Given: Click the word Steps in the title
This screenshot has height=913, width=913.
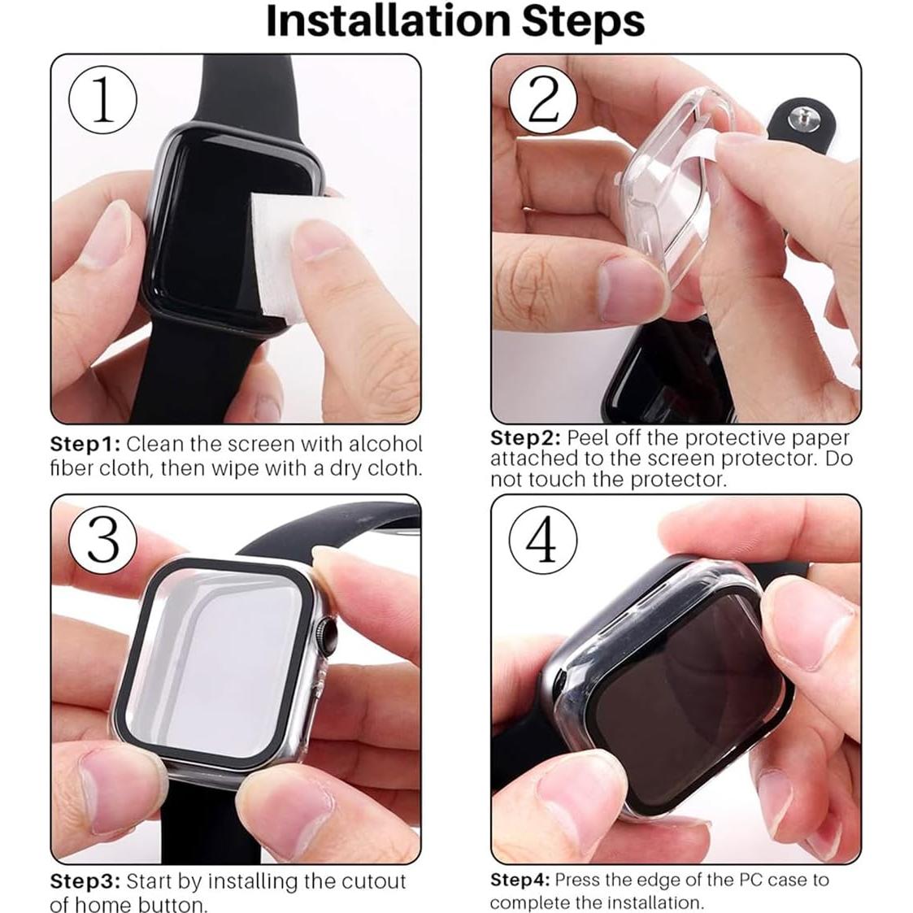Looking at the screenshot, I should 582,22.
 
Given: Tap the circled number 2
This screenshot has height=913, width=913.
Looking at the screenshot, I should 543,102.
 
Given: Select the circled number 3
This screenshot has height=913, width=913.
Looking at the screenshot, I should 102,540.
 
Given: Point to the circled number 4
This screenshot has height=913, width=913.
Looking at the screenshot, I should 543,540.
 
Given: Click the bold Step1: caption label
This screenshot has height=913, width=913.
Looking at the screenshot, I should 85,445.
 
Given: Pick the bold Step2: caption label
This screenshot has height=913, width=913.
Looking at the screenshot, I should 525,438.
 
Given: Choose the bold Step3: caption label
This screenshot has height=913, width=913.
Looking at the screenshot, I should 85,881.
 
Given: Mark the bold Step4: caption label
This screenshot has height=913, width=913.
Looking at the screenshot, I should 520,880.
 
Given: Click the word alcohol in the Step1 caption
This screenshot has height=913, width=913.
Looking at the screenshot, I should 385,445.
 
